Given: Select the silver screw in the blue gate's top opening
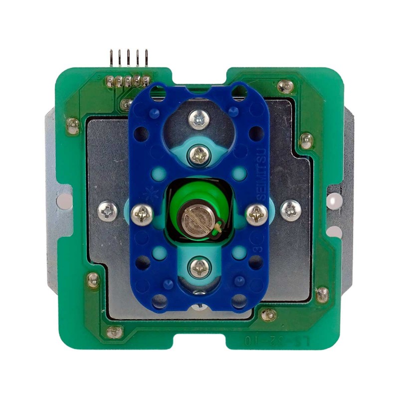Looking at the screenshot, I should click(x=199, y=119).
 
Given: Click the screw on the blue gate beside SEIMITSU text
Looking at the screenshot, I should click(x=257, y=214).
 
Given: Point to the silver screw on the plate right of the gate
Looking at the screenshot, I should click(x=290, y=210).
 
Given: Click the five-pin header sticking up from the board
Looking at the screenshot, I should click(x=128, y=59).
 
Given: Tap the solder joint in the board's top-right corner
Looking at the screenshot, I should click(x=286, y=86).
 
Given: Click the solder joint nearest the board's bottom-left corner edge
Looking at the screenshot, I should click(x=115, y=332).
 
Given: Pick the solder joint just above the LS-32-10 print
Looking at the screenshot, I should click(x=268, y=314).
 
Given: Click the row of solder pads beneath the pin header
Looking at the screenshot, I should click(x=127, y=81).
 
